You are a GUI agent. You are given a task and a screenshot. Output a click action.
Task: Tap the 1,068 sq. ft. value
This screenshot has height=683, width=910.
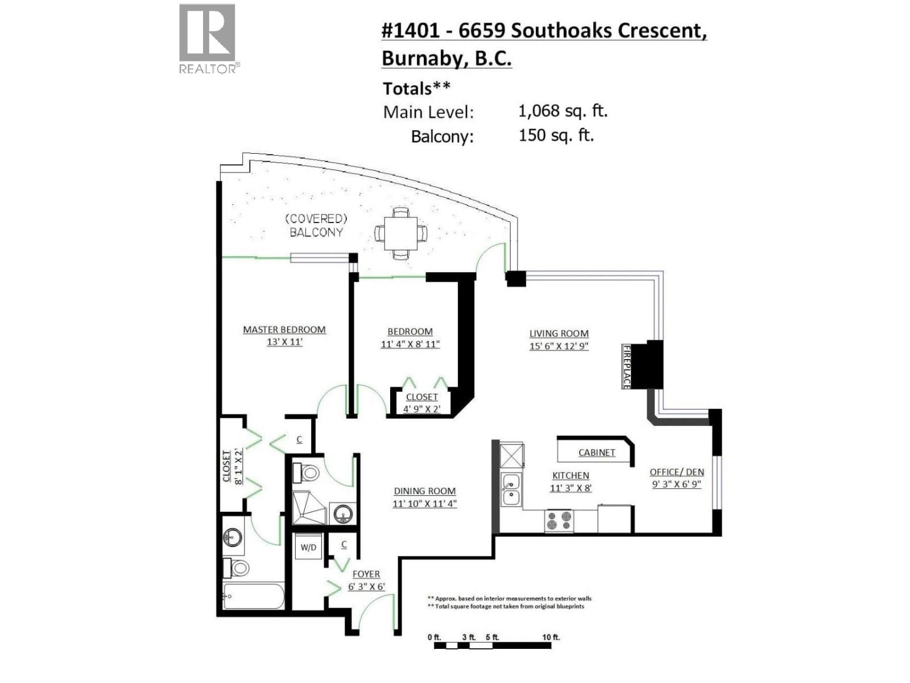562,110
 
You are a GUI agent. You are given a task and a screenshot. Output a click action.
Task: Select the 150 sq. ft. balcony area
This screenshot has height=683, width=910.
556,135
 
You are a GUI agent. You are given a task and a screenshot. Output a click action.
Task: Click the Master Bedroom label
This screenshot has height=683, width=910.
284,330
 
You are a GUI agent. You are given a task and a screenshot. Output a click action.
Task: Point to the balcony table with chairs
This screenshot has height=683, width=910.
401,233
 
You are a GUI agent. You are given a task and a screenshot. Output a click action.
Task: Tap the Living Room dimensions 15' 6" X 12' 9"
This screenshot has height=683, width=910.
559,346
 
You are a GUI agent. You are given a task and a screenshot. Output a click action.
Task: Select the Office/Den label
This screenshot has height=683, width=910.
677,472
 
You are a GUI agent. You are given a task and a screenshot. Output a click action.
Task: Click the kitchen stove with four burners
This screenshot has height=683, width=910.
559,521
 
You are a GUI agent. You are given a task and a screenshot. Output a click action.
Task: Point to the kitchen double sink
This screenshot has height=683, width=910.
511,489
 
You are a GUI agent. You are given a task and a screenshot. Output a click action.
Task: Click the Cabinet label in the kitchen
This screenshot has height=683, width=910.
597,452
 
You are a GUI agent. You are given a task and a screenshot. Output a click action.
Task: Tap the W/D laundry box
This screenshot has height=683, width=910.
308,548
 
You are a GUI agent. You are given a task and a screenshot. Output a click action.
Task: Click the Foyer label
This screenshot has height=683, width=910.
366,574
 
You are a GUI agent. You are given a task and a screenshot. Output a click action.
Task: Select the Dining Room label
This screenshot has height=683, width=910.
424,491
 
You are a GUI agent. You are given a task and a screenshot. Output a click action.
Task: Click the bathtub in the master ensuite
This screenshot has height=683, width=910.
253,596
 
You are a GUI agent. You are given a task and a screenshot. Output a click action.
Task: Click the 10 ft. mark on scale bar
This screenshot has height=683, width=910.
551,637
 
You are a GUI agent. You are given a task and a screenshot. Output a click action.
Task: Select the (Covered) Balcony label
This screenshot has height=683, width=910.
316,225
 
